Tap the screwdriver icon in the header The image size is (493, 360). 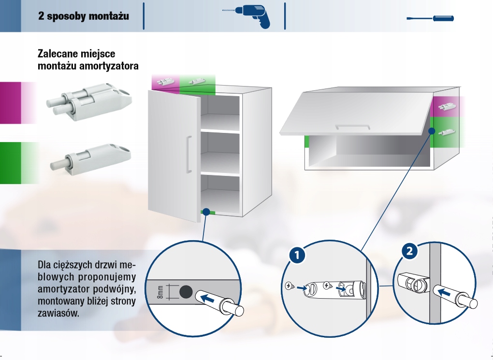coord(430,19)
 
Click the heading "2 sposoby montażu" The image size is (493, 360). coord(84,16)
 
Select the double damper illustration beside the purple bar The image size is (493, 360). coord(89,101)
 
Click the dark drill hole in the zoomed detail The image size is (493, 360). coord(185,292)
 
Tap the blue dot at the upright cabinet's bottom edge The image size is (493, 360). coord(207,211)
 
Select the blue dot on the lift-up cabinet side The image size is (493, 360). coord(430,131)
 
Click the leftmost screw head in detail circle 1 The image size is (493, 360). coord(290,286)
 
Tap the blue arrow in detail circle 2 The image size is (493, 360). coord(447,292)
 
